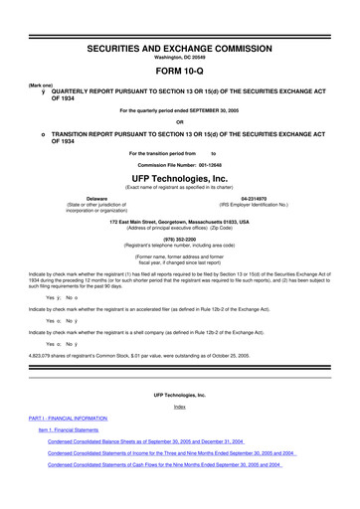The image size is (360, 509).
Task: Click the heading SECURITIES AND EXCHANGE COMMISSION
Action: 179,20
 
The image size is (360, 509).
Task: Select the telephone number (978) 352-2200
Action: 179,239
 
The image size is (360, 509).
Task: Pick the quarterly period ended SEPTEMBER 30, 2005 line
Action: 179,108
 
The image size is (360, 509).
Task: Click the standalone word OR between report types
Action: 179,122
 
